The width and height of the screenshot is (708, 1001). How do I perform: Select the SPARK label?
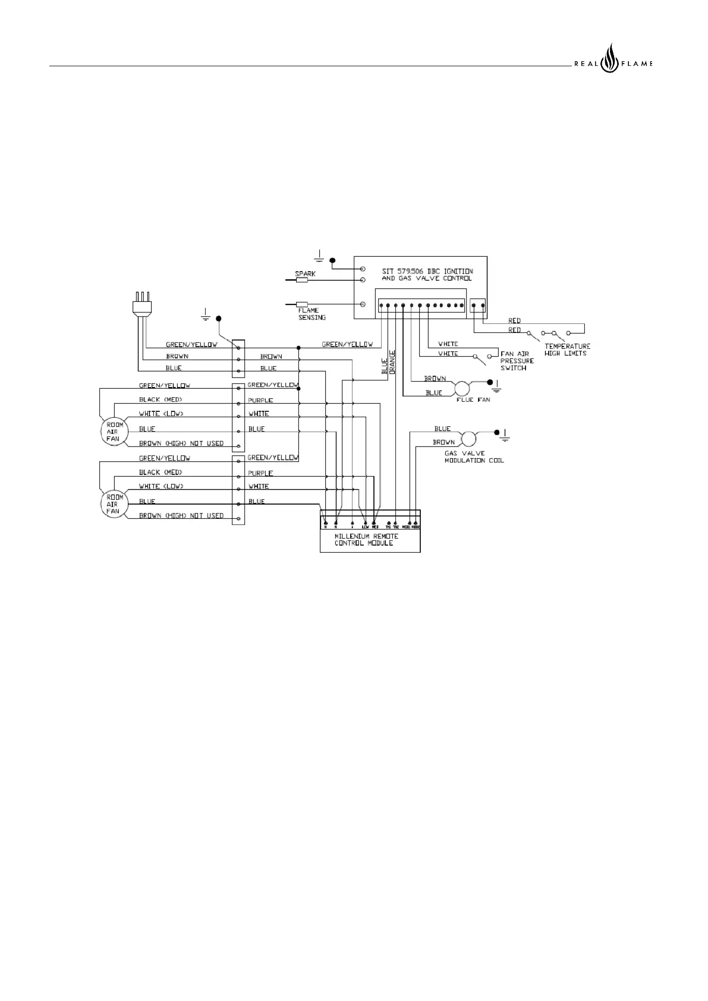306,274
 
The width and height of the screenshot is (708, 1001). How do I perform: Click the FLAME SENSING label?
311,314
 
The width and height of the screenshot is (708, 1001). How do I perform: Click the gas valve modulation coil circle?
469,439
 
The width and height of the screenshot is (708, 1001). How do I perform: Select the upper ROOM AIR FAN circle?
113,431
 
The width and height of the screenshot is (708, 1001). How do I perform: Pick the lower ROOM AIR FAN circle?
113,503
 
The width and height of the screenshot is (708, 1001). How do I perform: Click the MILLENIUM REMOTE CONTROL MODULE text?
366,539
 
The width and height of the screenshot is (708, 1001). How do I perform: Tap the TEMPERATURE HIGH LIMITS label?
567,350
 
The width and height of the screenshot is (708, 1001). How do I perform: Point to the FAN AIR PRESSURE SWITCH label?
517,361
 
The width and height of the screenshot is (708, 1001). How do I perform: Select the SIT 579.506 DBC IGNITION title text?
427,271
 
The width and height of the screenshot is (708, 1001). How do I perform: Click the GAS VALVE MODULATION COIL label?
474,457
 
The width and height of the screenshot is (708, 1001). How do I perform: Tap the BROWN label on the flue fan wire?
435,379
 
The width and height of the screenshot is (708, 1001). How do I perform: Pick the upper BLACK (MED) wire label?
160,399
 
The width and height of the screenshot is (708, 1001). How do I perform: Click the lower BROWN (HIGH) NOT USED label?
181,515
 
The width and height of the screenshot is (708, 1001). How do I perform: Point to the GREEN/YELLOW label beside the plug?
191,344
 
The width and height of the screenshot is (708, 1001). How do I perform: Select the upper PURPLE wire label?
260,401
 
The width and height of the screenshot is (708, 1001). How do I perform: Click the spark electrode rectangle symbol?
301,279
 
